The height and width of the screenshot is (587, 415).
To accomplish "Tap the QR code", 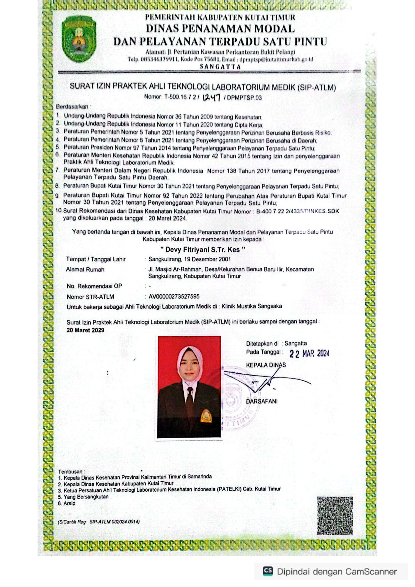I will tap(335, 515).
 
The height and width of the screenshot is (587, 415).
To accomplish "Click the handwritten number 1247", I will tap(211, 97).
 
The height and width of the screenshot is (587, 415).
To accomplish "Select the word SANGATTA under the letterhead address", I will tap(220, 67).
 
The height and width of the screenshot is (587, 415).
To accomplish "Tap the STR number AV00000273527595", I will tap(174, 296).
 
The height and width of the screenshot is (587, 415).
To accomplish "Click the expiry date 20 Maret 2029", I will tap(85, 330).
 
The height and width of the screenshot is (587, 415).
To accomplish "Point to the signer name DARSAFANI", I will tap(262, 401).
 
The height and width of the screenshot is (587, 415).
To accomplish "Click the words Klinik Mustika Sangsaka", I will tap(252, 306).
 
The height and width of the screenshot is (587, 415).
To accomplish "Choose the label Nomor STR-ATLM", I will tap(90, 297).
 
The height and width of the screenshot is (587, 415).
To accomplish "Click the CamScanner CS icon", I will tap(268, 571).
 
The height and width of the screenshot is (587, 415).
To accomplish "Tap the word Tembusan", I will tap(70, 472).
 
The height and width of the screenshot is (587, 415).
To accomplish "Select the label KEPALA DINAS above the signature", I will tap(266, 365).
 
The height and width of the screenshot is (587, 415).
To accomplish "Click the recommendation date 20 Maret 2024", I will tap(167, 218).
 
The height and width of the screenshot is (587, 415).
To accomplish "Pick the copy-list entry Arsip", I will tap(69, 503).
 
